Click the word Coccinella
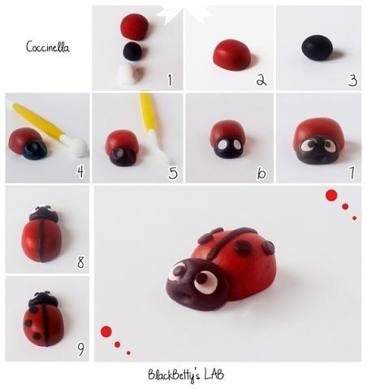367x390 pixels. pos(48,47)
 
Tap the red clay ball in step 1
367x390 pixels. pos(134,27)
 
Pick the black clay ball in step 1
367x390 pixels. pos(132,51)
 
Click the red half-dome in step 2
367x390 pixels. pos(231,54)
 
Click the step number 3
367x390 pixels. pos(352,80)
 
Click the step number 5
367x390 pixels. pos(173,173)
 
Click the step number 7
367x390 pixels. pos(352,173)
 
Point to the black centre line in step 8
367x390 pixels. pos(42,240)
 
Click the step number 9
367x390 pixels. pos(80,349)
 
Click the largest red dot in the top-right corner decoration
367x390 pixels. pos(331,195)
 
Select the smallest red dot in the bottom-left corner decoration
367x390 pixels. pos(128,353)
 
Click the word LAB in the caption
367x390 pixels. pos(214,375)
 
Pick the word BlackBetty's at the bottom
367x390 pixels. pos(174,375)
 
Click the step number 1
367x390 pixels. pos(170,80)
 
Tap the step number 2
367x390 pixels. pos(261,80)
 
